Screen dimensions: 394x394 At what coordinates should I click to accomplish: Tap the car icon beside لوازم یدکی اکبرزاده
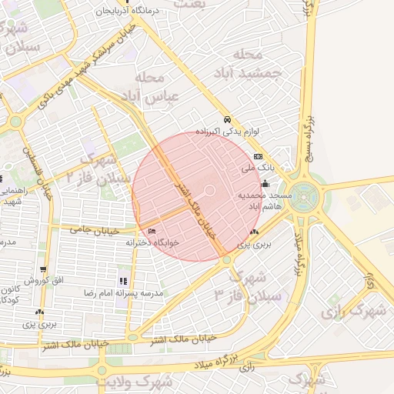click(x=227, y=120)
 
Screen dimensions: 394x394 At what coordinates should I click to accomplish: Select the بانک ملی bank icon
click(x=258, y=156)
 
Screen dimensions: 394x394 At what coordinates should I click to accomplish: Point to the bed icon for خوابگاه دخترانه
click(x=151, y=231)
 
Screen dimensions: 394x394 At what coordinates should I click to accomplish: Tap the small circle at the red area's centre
click(x=209, y=191)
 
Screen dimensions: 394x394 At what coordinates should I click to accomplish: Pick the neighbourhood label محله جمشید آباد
click(x=247, y=63)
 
